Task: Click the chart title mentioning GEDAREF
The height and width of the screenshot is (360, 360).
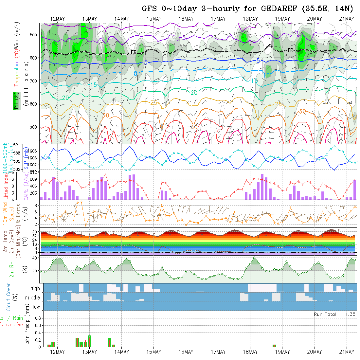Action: pos(247,9)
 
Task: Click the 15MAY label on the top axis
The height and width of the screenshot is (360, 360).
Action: pos(154,19)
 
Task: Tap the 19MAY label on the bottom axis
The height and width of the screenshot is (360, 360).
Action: pos(282,352)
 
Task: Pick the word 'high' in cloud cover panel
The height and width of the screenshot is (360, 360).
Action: pos(35,288)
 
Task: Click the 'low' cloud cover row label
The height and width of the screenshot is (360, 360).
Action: pos(36,307)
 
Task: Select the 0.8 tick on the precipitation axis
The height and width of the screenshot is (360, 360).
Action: pos(37,318)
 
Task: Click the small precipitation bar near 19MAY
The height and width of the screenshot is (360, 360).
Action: pos(274,346)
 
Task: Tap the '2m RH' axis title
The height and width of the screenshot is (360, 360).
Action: pos(11,269)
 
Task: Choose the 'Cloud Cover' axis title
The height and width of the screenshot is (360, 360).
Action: pos(9,297)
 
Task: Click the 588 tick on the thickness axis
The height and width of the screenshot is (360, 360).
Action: pos(18,153)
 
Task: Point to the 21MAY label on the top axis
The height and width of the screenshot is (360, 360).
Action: pos(347,19)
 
